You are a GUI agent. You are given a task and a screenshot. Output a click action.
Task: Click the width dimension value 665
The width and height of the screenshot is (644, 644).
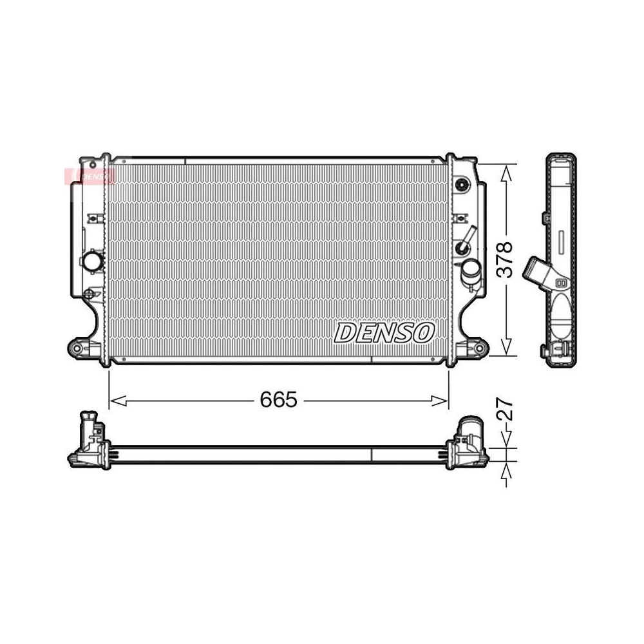tap(279, 400)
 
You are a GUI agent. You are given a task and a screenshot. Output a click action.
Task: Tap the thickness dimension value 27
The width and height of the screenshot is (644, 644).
tap(507, 410)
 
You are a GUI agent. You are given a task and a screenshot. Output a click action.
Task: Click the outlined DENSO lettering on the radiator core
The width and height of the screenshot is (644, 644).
tap(384, 333)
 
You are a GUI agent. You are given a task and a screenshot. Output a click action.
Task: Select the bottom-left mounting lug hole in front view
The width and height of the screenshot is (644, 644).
tap(77, 348)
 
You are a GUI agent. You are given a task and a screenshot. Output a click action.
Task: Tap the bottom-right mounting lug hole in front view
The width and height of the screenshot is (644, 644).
tap(478, 348)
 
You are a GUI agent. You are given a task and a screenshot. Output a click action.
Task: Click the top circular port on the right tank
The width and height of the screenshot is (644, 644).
tap(462, 185)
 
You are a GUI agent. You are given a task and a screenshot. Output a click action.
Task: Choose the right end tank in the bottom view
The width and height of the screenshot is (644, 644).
tap(467, 440)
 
